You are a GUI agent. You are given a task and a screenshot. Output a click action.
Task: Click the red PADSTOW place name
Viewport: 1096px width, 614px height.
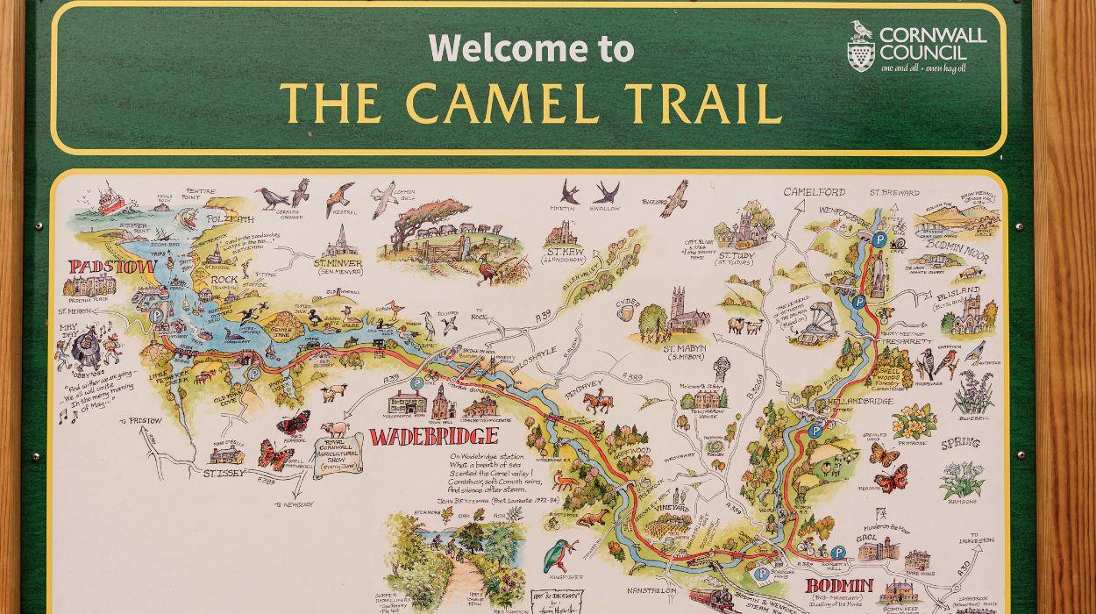point(112,266)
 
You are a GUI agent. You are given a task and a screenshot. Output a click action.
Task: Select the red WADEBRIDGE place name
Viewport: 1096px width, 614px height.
point(433,436)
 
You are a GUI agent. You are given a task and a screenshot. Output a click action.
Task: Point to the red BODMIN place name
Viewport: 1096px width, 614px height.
point(839,585)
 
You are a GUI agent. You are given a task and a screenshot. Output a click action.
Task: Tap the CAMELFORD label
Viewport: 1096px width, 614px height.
point(814,192)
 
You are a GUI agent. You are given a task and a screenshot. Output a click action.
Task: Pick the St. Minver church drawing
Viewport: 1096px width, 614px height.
point(340,242)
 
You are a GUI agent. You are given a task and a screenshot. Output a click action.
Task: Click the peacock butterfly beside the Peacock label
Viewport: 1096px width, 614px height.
point(891,479)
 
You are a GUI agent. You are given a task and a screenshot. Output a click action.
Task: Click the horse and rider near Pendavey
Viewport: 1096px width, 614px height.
point(598,403)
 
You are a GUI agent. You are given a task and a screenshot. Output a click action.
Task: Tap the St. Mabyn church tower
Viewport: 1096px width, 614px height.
point(680,312)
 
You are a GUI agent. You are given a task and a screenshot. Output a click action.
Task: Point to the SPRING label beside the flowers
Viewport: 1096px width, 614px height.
point(960,443)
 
